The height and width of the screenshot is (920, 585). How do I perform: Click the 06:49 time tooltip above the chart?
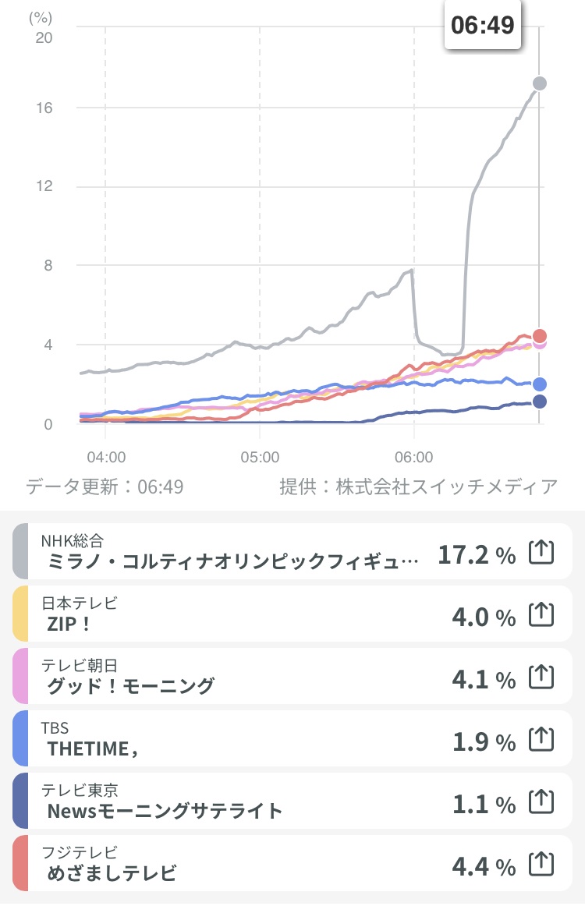[483, 25]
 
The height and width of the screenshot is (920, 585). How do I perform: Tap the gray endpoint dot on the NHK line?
[539, 83]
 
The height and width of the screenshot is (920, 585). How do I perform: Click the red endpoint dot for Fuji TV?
[539, 336]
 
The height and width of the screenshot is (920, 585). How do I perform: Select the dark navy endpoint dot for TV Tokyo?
[539, 402]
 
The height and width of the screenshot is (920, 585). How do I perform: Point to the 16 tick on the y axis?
[44, 108]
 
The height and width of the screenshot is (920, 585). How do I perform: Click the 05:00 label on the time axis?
[260, 455]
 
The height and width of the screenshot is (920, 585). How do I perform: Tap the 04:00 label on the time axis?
[106, 455]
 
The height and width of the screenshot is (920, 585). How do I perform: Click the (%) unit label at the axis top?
[40, 17]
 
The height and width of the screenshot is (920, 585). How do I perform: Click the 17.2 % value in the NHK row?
[477, 555]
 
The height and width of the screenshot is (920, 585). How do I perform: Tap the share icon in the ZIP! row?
[541, 614]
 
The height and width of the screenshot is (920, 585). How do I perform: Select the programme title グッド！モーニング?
[130, 686]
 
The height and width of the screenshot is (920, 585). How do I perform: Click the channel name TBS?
[55, 728]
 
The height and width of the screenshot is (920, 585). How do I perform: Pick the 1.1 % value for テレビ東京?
[484, 805]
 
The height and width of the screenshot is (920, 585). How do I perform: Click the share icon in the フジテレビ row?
[541, 864]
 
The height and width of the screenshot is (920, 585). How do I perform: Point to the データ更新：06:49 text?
[105, 487]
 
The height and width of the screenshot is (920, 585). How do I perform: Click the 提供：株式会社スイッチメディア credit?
[419, 487]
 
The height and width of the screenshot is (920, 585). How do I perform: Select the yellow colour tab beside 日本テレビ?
[21, 614]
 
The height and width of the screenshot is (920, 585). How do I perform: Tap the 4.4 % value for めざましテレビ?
[484, 866]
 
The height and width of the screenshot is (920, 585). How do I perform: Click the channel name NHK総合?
[73, 540]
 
